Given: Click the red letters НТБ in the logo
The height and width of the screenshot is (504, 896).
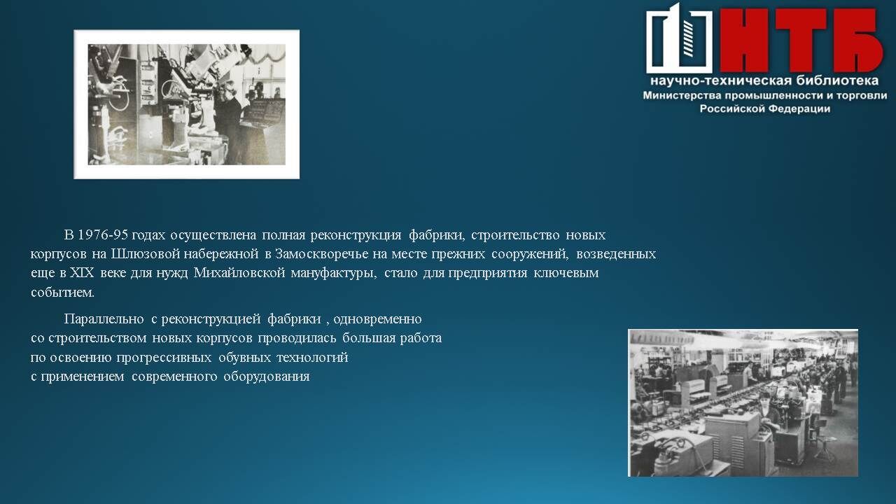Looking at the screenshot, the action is tap(801, 40).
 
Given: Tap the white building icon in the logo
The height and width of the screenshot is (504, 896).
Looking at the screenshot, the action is tap(679, 38).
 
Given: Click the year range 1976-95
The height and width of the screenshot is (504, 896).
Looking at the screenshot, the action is tap(103, 234).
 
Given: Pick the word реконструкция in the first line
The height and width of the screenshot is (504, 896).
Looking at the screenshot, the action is tap(356, 234).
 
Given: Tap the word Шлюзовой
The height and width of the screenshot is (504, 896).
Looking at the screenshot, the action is tap(145, 254).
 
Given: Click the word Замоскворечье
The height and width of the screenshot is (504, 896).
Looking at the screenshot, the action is tap(321, 254).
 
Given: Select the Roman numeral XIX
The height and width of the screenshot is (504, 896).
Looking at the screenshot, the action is tap(82, 273).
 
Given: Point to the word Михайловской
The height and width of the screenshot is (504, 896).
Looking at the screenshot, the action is tap(239, 273).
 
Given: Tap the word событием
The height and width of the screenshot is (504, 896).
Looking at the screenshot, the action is tap(63, 293).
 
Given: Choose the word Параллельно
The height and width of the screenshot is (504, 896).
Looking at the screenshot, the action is tap(104, 318).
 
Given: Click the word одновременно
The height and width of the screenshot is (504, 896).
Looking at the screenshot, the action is tap(377, 319).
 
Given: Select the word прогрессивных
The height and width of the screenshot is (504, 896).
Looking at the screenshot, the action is tap(164, 358).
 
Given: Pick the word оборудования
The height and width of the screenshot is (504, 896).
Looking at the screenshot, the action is tap(267, 377).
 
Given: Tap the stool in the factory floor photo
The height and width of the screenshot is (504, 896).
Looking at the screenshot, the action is tap(824, 447).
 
